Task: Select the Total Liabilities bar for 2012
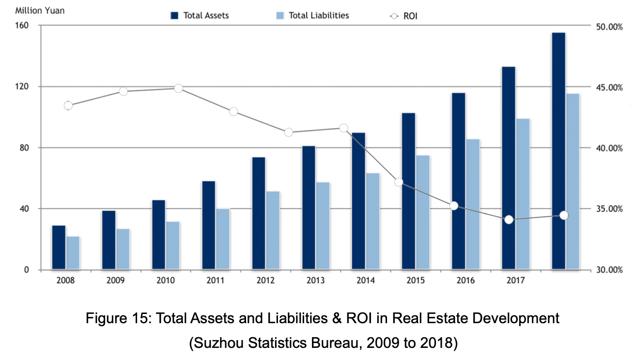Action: tap(273, 230)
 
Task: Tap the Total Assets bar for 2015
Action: tap(409, 191)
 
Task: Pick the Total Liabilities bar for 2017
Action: tap(523, 194)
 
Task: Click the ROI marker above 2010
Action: tap(178, 88)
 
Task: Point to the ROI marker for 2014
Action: tap(344, 128)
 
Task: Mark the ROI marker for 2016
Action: tap(454, 206)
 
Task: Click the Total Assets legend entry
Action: tap(200, 16)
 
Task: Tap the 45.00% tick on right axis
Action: tap(608, 88)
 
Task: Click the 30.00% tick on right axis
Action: tap(608, 270)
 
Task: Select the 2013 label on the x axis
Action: tap(316, 281)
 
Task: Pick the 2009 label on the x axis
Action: tap(116, 281)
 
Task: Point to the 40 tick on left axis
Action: tap(24, 209)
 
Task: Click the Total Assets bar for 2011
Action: tap(209, 225)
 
